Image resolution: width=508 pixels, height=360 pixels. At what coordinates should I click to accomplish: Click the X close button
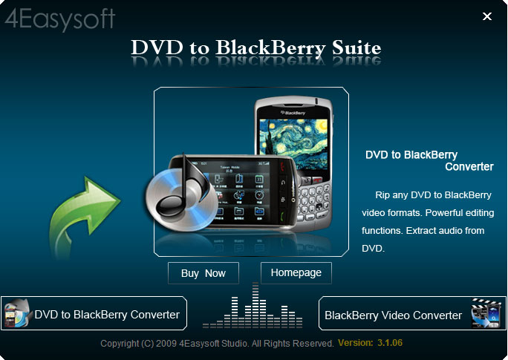(x=487, y=16)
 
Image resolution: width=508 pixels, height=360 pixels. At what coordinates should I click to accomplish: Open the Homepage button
(x=296, y=273)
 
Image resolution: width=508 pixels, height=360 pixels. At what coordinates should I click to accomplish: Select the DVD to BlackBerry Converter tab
(x=94, y=313)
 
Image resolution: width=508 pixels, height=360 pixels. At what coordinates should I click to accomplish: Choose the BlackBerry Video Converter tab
(x=412, y=313)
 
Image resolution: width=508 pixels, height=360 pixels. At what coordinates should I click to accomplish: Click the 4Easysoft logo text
(x=60, y=19)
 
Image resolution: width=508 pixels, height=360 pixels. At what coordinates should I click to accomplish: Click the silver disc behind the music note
(x=181, y=200)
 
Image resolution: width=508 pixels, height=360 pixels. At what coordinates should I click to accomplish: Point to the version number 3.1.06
(x=390, y=343)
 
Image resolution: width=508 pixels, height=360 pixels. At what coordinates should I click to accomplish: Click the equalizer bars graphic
(x=253, y=305)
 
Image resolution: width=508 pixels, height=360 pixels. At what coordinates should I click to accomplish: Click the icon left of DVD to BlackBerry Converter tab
(x=18, y=313)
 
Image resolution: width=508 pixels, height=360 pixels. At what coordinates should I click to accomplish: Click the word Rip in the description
(x=382, y=195)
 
